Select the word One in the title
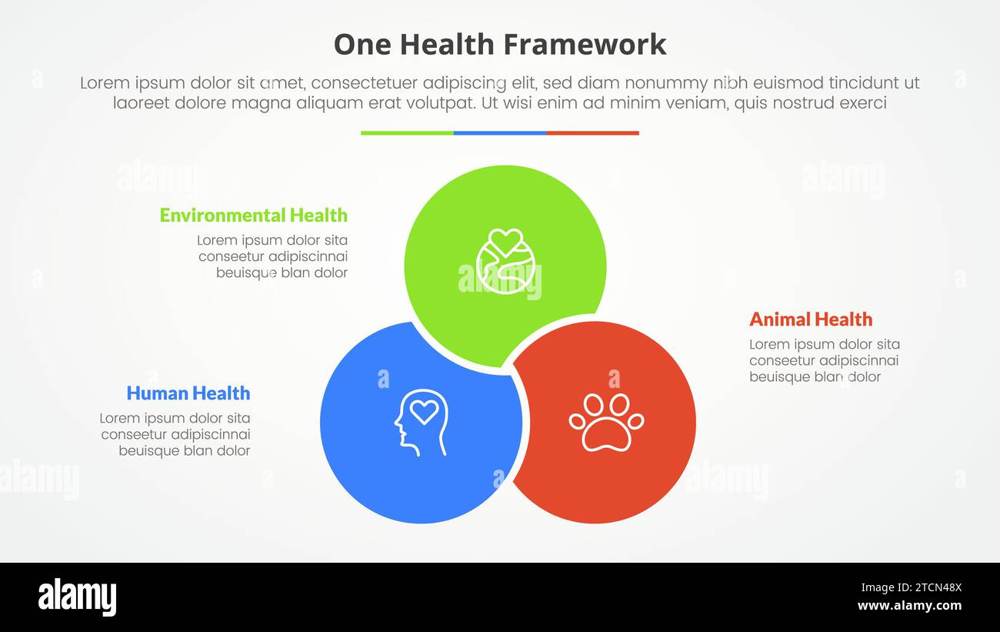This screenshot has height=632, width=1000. (358, 45)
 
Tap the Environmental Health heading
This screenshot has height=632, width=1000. (253, 215)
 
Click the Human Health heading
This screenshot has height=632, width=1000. (188, 393)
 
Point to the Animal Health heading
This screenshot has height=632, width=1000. (811, 319)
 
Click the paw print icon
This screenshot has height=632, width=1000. (606, 422)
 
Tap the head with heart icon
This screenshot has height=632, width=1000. (421, 423)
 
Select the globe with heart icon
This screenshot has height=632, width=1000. (503, 261)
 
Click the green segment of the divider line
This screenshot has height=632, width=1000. (407, 133)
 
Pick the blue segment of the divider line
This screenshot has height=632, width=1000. (500, 133)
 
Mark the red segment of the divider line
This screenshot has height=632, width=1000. (592, 133)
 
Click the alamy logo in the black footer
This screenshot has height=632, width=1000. (77, 597)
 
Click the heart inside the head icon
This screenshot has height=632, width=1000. (423, 412)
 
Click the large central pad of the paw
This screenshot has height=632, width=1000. (606, 434)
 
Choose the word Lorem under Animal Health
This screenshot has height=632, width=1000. (769, 344)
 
